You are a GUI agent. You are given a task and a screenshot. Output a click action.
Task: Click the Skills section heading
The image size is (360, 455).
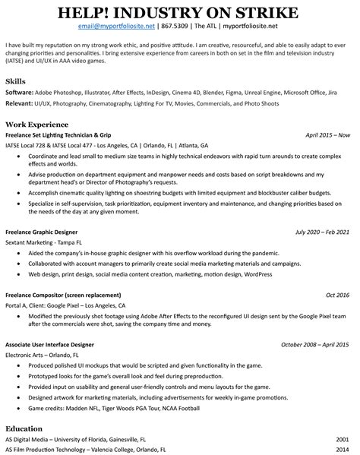tap(15, 80)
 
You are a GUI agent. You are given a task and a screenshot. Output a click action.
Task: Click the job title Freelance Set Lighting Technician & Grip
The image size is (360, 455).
tap(74, 134)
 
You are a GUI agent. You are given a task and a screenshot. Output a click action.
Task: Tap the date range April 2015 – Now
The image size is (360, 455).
tap(327, 134)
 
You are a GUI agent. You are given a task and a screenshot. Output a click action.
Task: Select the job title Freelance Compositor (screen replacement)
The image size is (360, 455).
tap(73, 294)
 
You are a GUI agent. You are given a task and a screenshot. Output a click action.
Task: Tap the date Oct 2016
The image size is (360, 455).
tap(338, 294)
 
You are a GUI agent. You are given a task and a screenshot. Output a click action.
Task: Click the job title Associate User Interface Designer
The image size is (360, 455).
tap(61, 344)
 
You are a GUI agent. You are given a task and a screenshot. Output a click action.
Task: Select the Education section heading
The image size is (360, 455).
tap(25, 428)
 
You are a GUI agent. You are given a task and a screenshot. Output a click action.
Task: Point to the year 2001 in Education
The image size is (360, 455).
tap(343, 439)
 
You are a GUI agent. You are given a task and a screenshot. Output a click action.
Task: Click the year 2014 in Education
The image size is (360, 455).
tap(343, 449)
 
